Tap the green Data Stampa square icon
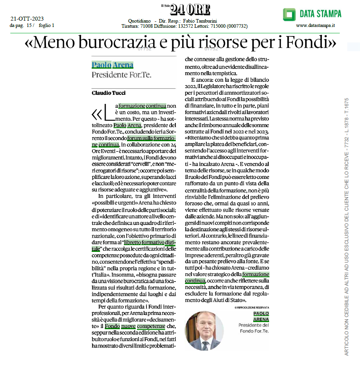coord(289,14)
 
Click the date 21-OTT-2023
coord(27,19)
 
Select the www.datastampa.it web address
coord(316,26)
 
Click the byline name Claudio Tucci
coord(108,93)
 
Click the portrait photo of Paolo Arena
coord(204,330)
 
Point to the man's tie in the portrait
coord(205,344)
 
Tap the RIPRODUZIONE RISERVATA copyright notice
coord(251,308)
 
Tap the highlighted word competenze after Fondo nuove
coord(151,326)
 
